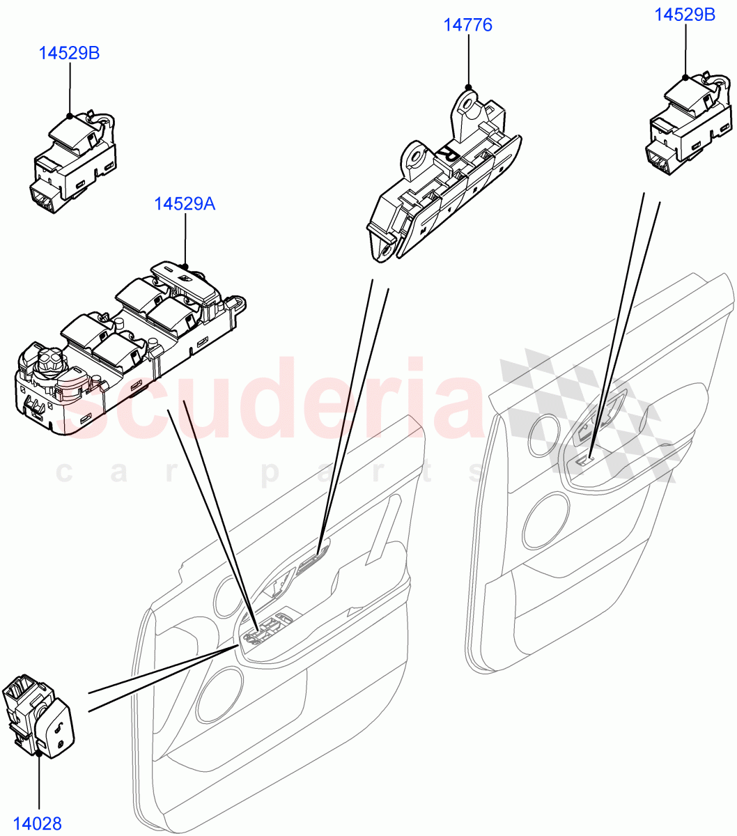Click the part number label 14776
468,25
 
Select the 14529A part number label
185,204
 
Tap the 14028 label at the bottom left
39,824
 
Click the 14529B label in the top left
69,53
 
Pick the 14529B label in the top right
685,14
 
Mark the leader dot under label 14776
468,88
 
